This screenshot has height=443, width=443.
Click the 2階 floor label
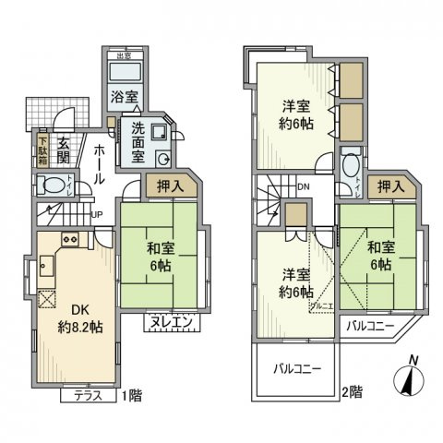(350, 391)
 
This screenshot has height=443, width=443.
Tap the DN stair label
(304, 188)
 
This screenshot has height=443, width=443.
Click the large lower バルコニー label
(296, 369)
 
